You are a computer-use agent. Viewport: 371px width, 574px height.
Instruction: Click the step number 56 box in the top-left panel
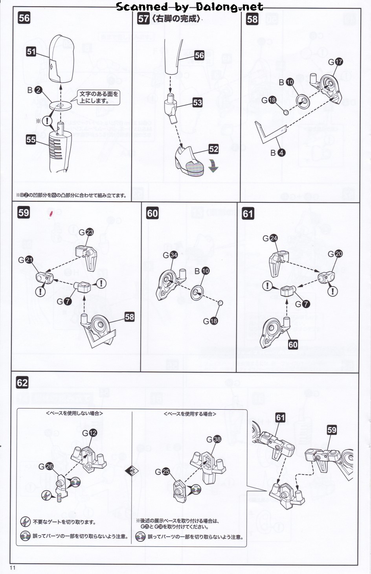click(24, 18)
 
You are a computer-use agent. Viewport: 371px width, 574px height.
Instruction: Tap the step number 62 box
click(22, 383)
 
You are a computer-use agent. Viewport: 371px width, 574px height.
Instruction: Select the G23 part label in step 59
click(86, 232)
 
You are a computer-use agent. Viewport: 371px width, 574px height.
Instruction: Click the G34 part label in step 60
click(170, 255)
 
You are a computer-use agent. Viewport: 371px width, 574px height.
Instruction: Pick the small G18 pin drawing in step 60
click(220, 303)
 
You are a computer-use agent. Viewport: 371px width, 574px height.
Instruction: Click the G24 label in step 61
click(270, 238)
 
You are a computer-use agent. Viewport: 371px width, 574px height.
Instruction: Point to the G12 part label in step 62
click(89, 433)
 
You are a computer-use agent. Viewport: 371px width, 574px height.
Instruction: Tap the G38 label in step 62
click(214, 439)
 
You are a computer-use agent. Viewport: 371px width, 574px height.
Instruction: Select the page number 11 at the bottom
click(13, 568)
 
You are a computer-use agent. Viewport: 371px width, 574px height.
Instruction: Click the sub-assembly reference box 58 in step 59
click(129, 317)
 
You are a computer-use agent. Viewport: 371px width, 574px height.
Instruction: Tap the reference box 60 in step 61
click(293, 344)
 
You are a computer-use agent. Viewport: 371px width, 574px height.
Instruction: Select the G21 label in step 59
click(26, 260)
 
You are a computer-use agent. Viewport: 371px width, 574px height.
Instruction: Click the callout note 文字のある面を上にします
click(99, 97)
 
